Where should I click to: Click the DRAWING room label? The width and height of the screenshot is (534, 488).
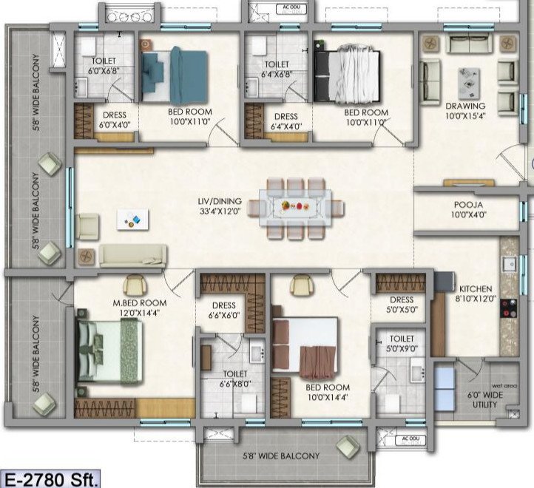pyautogui.click(x=465, y=111)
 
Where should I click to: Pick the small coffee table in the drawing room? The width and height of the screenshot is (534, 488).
pyautogui.click(x=467, y=84)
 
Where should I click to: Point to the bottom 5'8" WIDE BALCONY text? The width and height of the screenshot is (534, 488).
pyautogui.click(x=280, y=456)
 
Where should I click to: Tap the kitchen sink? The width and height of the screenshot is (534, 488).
pyautogui.click(x=510, y=264)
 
